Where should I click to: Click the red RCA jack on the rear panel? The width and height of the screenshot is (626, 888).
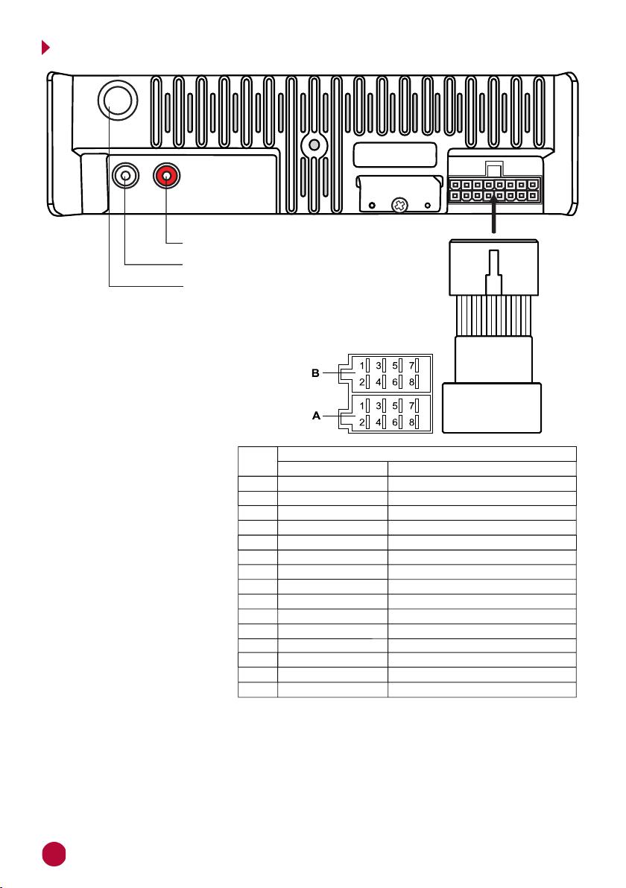point(166,177)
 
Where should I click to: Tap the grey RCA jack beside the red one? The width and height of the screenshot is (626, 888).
point(126,176)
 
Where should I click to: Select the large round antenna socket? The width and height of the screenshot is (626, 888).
point(118,100)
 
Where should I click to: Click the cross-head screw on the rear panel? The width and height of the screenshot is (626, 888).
point(400,204)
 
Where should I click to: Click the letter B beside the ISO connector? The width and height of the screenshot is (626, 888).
point(315,373)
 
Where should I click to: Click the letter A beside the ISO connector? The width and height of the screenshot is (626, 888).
point(316,416)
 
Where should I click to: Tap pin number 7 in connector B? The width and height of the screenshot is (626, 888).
point(412,366)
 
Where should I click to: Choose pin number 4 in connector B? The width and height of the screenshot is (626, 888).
point(379,382)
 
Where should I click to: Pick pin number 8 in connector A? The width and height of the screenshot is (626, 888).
point(412,422)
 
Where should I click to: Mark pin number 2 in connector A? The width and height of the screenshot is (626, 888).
point(362,422)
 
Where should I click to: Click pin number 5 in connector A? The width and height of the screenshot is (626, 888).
point(396,405)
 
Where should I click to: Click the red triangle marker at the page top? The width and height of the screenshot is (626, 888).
point(45,48)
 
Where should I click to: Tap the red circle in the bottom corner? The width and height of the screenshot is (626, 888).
point(54,854)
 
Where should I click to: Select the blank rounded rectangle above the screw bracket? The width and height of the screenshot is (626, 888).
point(395,155)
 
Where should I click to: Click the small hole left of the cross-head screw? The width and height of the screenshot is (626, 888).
point(372,205)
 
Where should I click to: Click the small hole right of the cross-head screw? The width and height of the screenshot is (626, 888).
point(428,205)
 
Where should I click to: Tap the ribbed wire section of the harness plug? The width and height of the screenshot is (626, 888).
point(494,315)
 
